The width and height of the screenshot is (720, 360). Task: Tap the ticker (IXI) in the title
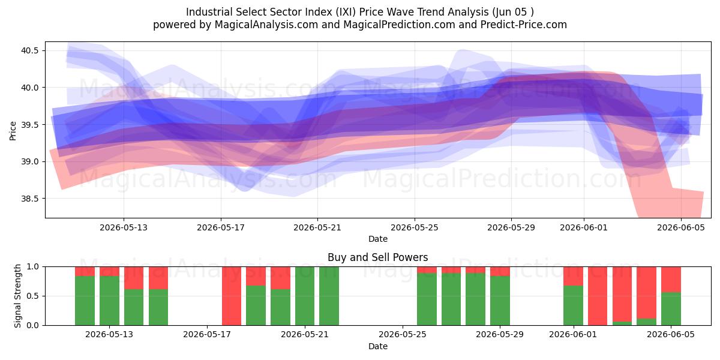346,12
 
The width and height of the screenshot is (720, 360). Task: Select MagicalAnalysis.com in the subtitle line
266,25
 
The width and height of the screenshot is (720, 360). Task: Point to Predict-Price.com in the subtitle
524,25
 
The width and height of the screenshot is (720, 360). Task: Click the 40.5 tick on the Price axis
29,50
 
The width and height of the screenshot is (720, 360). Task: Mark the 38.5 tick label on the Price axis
29,199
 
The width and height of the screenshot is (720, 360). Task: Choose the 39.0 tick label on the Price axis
29,161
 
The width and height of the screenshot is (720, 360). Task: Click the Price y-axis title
13,131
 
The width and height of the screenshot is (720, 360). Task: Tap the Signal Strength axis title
17,296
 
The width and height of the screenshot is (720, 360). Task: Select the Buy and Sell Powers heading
377,257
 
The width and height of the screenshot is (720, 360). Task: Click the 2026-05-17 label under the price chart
221,227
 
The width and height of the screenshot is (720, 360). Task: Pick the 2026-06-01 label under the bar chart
573,335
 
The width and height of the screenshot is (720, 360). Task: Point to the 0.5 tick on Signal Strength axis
32,296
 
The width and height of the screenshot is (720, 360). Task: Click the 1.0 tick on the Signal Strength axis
32,266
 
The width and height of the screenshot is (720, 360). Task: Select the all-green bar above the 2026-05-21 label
305,296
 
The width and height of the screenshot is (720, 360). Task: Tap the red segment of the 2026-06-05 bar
671,280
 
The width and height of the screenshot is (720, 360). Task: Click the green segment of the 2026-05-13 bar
109,301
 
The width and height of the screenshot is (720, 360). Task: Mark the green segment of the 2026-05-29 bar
500,301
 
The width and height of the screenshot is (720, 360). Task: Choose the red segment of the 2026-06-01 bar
573,276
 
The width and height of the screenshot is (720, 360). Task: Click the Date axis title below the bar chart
377,347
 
